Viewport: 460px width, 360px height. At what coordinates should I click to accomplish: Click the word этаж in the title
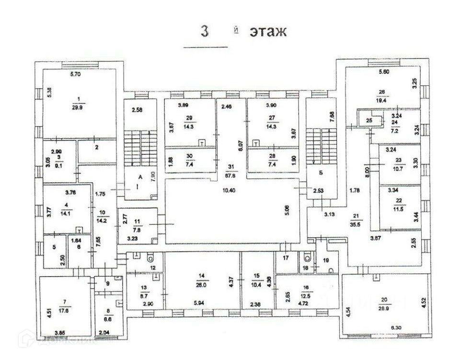click(267, 32)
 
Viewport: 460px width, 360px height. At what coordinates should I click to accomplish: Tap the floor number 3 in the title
click(205, 32)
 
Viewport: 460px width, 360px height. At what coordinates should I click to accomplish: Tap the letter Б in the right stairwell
click(318, 172)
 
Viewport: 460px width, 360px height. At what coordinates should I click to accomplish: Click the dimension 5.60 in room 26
click(385, 72)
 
